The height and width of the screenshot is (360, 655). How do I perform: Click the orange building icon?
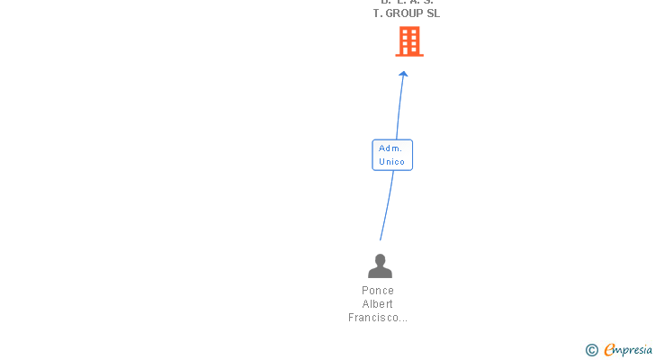tap(409, 41)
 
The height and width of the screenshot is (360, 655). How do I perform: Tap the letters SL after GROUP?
tap(434, 13)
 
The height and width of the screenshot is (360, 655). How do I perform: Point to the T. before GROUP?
tap(378, 13)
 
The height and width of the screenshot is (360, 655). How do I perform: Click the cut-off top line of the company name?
tap(407, 3)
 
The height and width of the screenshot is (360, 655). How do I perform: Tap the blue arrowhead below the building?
tap(403, 75)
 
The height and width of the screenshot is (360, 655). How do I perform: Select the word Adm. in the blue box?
tap(390, 148)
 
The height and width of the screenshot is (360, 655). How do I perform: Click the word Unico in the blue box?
tap(391, 162)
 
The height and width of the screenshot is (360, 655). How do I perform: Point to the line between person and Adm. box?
tap(387, 207)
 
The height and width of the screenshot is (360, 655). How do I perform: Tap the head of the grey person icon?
tap(381, 260)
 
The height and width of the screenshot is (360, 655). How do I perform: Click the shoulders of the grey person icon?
tap(381, 272)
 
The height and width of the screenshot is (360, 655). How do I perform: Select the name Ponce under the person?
tap(378, 291)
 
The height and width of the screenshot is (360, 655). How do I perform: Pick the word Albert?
tap(378, 304)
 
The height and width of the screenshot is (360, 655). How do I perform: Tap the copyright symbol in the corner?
tap(591, 350)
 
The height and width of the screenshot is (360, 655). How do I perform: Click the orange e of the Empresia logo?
tap(609, 350)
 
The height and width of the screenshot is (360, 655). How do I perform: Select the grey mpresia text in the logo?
tap(634, 350)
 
